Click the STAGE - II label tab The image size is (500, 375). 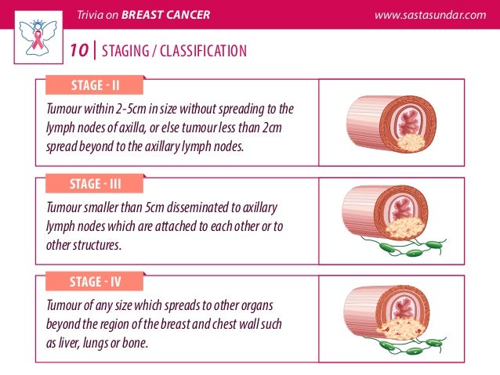[94, 85]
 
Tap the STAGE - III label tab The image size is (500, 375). [94, 185]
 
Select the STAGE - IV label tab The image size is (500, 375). [94, 282]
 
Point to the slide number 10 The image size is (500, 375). [78, 52]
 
